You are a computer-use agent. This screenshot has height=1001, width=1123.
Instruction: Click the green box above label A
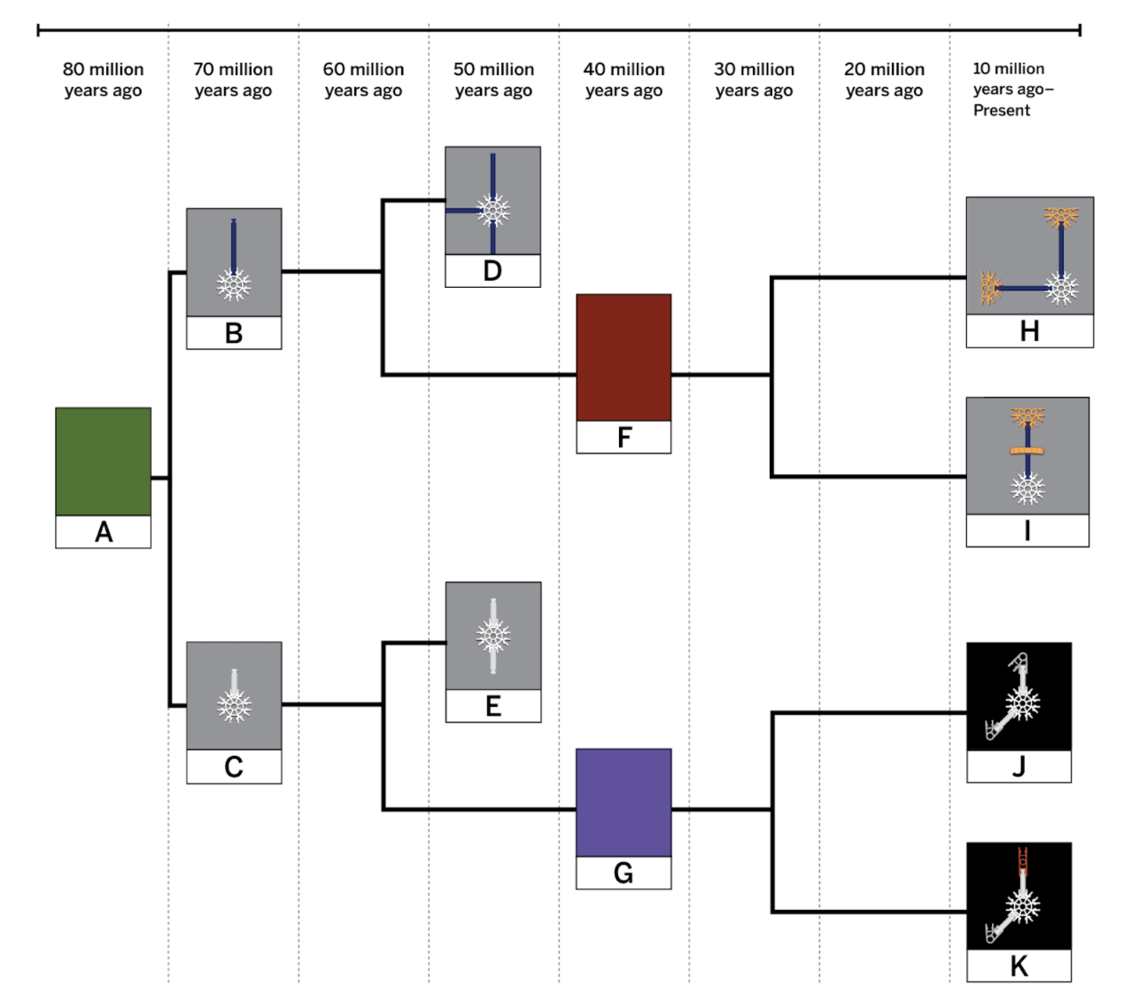coord(103,462)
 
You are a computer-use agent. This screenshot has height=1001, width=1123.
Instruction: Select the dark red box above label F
coord(623,357)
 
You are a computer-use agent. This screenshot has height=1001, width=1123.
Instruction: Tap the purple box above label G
coord(623,803)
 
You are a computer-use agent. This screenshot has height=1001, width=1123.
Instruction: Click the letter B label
coord(234,333)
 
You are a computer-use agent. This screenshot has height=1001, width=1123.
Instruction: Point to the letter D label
coord(492,271)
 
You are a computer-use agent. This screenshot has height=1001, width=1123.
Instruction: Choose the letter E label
coord(493,706)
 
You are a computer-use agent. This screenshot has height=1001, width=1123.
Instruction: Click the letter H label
coord(1029,331)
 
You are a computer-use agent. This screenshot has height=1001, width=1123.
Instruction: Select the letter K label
coord(1018,966)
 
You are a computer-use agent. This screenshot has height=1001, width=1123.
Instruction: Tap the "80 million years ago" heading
coord(103,80)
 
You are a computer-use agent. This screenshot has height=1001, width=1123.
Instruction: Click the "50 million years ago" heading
coord(493,80)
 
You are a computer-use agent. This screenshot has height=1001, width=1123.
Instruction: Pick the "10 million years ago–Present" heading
coord(1012,89)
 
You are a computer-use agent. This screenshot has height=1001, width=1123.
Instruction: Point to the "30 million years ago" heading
coord(754,80)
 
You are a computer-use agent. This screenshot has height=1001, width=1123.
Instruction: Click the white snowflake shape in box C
coord(234,706)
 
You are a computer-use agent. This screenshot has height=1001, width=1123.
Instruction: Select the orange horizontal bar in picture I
coord(1027,451)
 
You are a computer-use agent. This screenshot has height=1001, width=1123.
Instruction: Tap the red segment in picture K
coord(1023,858)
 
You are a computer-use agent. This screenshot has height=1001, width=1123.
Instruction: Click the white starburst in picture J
coord(1022,704)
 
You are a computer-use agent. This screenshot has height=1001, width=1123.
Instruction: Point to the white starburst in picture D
coord(493,211)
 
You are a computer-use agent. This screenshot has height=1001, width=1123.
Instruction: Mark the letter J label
coord(1018,766)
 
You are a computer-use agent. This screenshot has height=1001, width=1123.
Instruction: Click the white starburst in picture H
coord(1061,288)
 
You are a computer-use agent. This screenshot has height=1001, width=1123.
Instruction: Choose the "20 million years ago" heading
coord(884,80)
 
